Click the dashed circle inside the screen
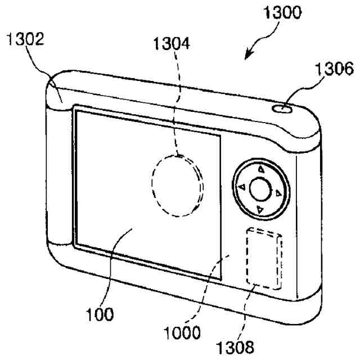tap(177, 184)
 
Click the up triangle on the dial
tap(260, 168)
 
